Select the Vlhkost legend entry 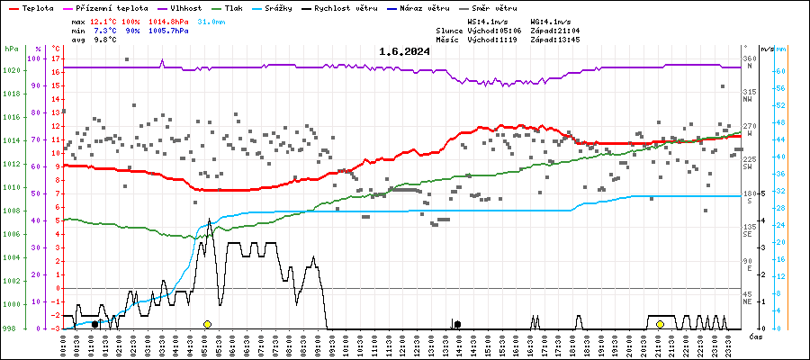[190, 7]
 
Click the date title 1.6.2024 [404, 51]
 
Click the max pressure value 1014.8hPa [169, 20]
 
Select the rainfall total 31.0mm [211, 20]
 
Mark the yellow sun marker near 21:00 [660, 324]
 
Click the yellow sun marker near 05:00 [207, 324]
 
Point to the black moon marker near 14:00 [457, 324]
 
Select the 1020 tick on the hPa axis [12, 70]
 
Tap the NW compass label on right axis [748, 99]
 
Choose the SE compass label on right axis [748, 234]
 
